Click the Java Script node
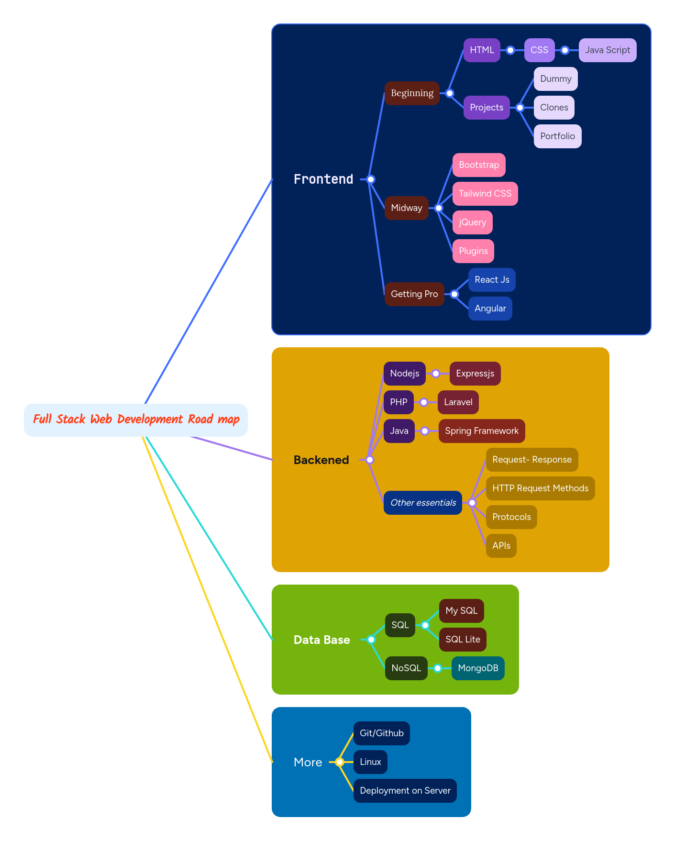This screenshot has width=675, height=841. click(x=607, y=50)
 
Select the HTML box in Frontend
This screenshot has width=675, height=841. click(x=482, y=50)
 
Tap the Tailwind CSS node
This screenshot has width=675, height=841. click(x=485, y=194)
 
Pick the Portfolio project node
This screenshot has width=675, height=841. click(x=557, y=136)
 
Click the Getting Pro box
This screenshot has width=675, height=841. click(x=414, y=294)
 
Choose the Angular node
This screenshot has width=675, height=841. click(x=490, y=309)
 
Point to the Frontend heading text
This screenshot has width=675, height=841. click(x=323, y=179)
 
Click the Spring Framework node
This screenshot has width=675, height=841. click(x=481, y=431)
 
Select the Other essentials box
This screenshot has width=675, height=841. click(x=423, y=503)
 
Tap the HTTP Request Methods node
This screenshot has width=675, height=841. click(x=540, y=488)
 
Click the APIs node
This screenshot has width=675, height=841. click(x=501, y=546)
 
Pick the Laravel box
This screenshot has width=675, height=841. click(x=458, y=402)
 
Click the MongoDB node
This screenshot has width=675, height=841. click(x=477, y=668)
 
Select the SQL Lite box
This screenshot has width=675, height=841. click(x=463, y=640)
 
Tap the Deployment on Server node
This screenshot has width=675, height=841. click(x=405, y=791)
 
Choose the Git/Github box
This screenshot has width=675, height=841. click(x=381, y=733)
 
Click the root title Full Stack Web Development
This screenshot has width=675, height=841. click(x=136, y=420)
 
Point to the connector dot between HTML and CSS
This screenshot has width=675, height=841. click(x=510, y=50)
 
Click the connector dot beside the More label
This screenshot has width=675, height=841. click(x=340, y=762)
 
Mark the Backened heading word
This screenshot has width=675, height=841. click(x=321, y=460)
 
